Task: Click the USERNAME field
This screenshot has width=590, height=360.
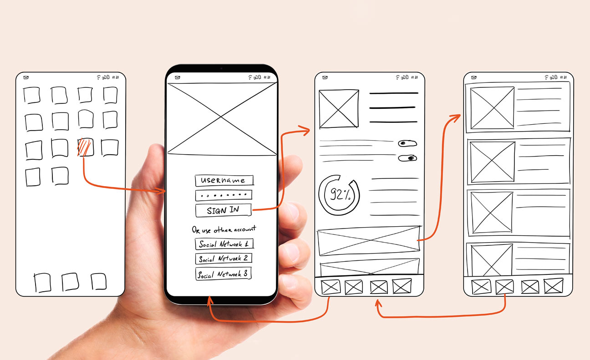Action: click(224, 181)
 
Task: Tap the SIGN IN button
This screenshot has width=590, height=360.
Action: click(223, 210)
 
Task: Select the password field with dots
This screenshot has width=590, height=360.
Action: click(224, 195)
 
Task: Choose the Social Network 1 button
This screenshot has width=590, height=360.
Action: click(224, 243)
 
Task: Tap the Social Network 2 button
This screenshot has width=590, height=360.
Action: click(223, 259)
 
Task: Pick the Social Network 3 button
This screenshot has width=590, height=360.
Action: click(223, 274)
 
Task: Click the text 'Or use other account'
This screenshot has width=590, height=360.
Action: click(224, 229)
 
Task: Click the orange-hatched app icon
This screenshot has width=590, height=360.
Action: click(85, 147)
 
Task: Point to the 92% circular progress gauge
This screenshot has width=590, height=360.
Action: click(339, 195)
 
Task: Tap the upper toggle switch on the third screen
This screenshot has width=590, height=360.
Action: click(407, 143)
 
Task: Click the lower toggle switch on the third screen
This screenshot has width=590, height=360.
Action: click(407, 158)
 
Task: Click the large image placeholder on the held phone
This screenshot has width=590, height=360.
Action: click(222, 119)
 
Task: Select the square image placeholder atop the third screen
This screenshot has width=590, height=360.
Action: click(338, 109)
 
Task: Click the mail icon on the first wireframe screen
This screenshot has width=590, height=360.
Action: click(26, 77)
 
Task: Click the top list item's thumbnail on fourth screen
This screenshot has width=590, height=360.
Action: click(492, 108)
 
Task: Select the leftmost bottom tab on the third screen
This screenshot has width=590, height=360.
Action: click(331, 287)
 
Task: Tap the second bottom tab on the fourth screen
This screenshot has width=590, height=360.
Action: click(504, 287)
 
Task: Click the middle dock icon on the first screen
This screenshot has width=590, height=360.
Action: click(70, 282)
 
